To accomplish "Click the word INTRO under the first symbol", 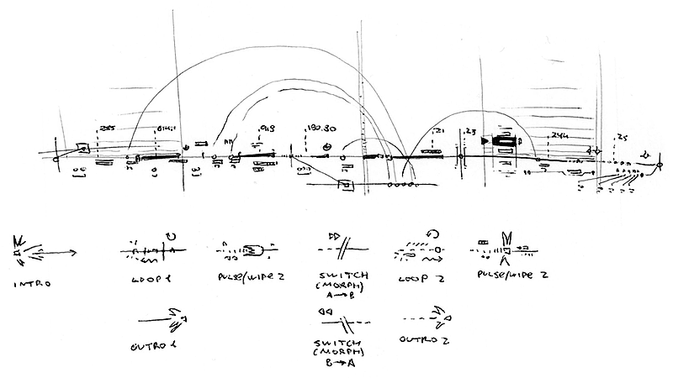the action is point(32,284).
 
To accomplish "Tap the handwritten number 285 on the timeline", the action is point(107,128).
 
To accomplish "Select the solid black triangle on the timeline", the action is point(485,142).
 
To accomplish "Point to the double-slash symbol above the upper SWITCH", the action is point(341,249).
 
